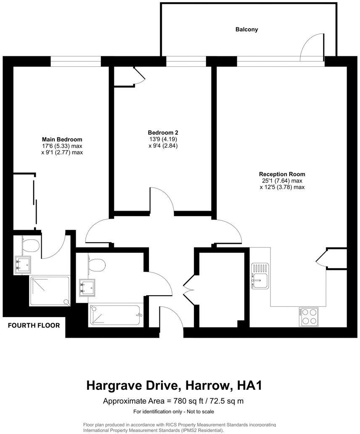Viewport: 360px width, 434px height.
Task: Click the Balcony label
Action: [246, 30]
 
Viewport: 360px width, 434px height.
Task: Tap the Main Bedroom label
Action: [62, 139]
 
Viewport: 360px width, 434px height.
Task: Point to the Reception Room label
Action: [282, 174]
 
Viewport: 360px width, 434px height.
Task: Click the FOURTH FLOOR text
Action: [34, 325]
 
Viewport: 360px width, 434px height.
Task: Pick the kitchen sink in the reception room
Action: [260, 276]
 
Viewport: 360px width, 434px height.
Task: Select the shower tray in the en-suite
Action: [50, 291]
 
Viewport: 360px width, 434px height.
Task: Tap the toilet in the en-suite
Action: [31, 244]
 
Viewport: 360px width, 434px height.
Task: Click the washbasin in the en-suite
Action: [22, 265]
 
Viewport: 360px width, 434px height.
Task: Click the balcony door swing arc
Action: [312, 44]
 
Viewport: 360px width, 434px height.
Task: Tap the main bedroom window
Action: [76, 64]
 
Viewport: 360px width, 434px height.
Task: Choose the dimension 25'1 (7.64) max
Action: [281, 181]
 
